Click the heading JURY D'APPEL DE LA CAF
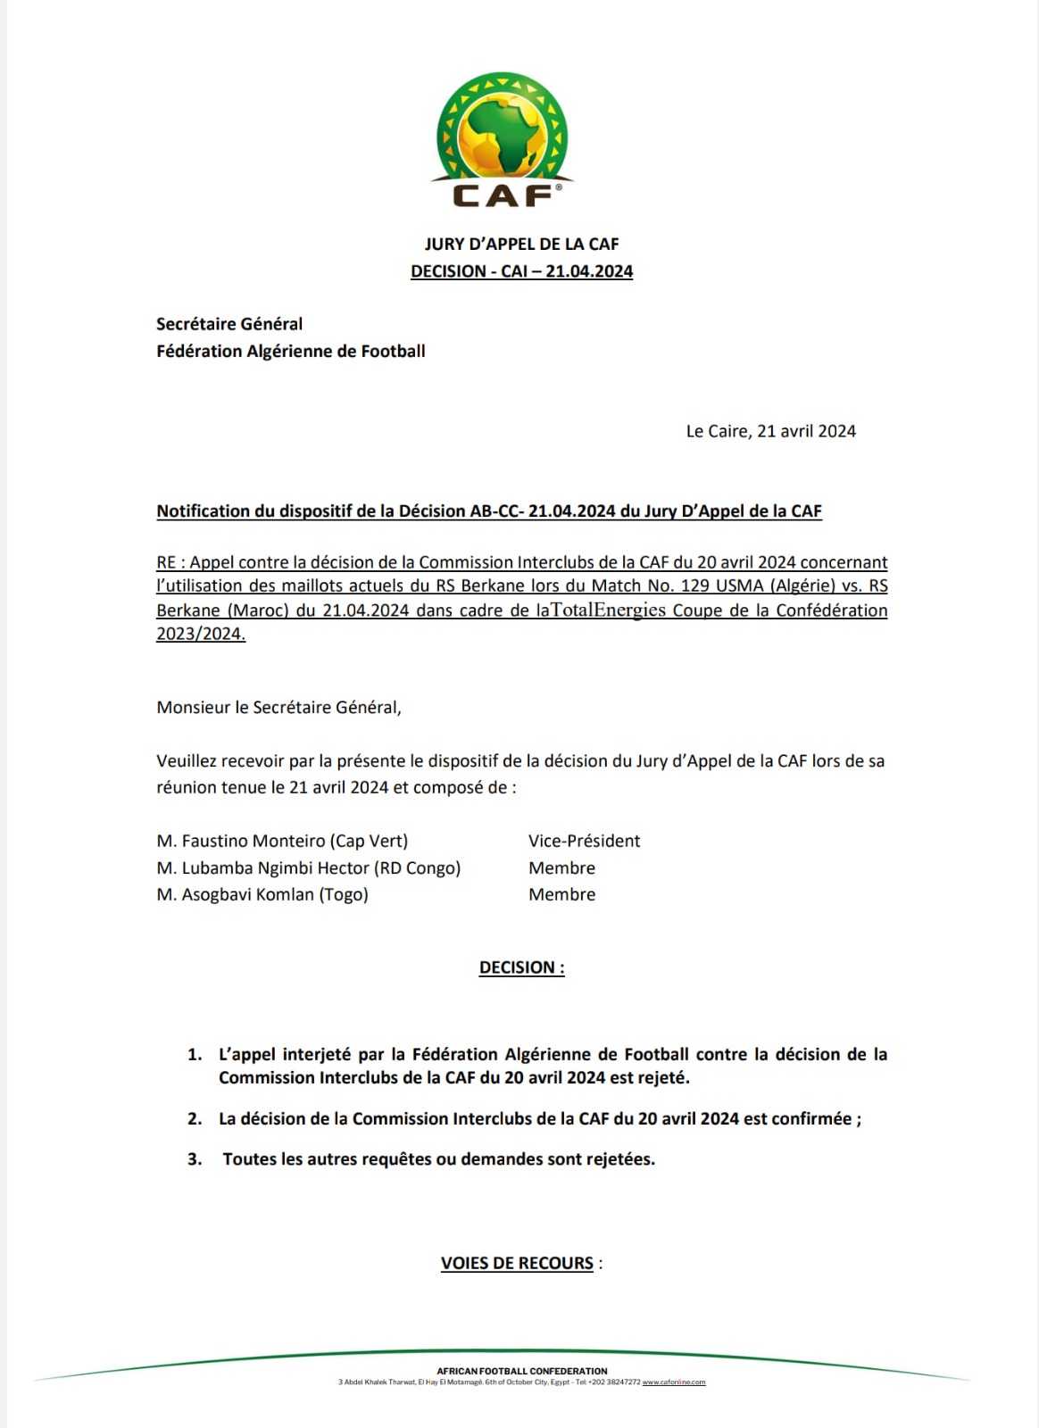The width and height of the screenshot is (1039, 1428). pos(521,244)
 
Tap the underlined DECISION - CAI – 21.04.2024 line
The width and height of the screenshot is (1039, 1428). pos(521,271)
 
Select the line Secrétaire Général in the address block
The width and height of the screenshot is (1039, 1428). pos(229,324)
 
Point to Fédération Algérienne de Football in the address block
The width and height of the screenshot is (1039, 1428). pos(290,351)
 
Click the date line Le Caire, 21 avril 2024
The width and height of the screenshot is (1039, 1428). pos(770,431)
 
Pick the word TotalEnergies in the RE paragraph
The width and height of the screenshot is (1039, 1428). pos(608,610)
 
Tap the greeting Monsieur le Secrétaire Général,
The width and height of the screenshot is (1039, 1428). pos(278,707)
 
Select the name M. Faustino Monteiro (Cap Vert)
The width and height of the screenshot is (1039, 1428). pos(282,841)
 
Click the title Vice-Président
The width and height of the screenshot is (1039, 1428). pos(584,841)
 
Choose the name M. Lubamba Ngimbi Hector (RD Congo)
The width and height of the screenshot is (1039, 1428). pos(308,868)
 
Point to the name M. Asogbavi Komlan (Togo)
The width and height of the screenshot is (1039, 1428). pos(262,894)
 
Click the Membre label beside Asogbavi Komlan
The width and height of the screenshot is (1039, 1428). pos(561,894)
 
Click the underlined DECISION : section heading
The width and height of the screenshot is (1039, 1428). pos(521,967)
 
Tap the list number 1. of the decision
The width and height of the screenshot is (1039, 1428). pos(195,1054)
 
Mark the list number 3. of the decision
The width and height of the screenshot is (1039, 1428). pos(195,1159)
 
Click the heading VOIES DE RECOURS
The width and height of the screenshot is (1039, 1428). pos(517,1263)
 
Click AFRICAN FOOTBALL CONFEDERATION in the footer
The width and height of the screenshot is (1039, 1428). pos(521,1371)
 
